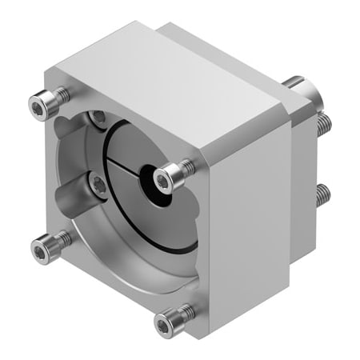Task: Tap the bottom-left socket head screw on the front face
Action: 41,250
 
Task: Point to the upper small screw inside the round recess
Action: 98,118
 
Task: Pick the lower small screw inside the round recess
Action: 98,185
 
